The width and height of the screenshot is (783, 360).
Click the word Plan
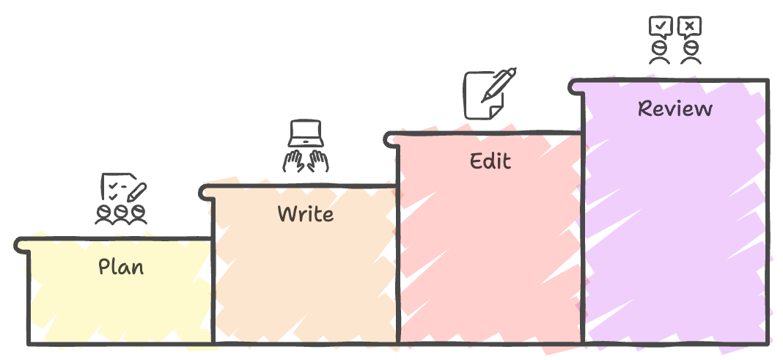pyautogui.click(x=122, y=267)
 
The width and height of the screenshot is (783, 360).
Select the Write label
pyautogui.click(x=306, y=213)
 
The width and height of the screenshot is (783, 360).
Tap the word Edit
pyautogui.click(x=490, y=161)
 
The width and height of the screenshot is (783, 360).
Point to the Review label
pyautogui.click(x=675, y=109)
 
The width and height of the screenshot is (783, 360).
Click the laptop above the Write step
pyautogui.click(x=306, y=133)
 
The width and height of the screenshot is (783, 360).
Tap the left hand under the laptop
pyautogui.click(x=294, y=161)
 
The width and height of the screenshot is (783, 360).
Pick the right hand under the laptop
pyautogui.click(x=317, y=161)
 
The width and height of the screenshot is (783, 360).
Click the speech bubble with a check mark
pyautogui.click(x=661, y=27)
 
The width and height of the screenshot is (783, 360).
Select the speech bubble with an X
pyautogui.click(x=690, y=27)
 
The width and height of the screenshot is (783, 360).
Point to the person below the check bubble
pyautogui.click(x=660, y=53)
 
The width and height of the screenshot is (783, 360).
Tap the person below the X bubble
pyautogui.click(x=691, y=53)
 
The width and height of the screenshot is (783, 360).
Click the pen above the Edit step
pyautogui.click(x=499, y=85)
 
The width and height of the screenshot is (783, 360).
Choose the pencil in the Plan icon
pyautogui.click(x=136, y=192)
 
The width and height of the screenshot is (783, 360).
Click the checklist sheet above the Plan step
pyautogui.click(x=118, y=187)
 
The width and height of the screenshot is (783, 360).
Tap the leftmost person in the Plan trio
pyautogui.click(x=104, y=214)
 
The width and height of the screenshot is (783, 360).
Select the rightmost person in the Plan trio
pyautogui.click(x=139, y=214)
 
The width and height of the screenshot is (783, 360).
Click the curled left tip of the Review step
pyautogui.click(x=573, y=87)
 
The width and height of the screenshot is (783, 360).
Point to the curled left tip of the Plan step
pyautogui.click(x=20, y=246)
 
